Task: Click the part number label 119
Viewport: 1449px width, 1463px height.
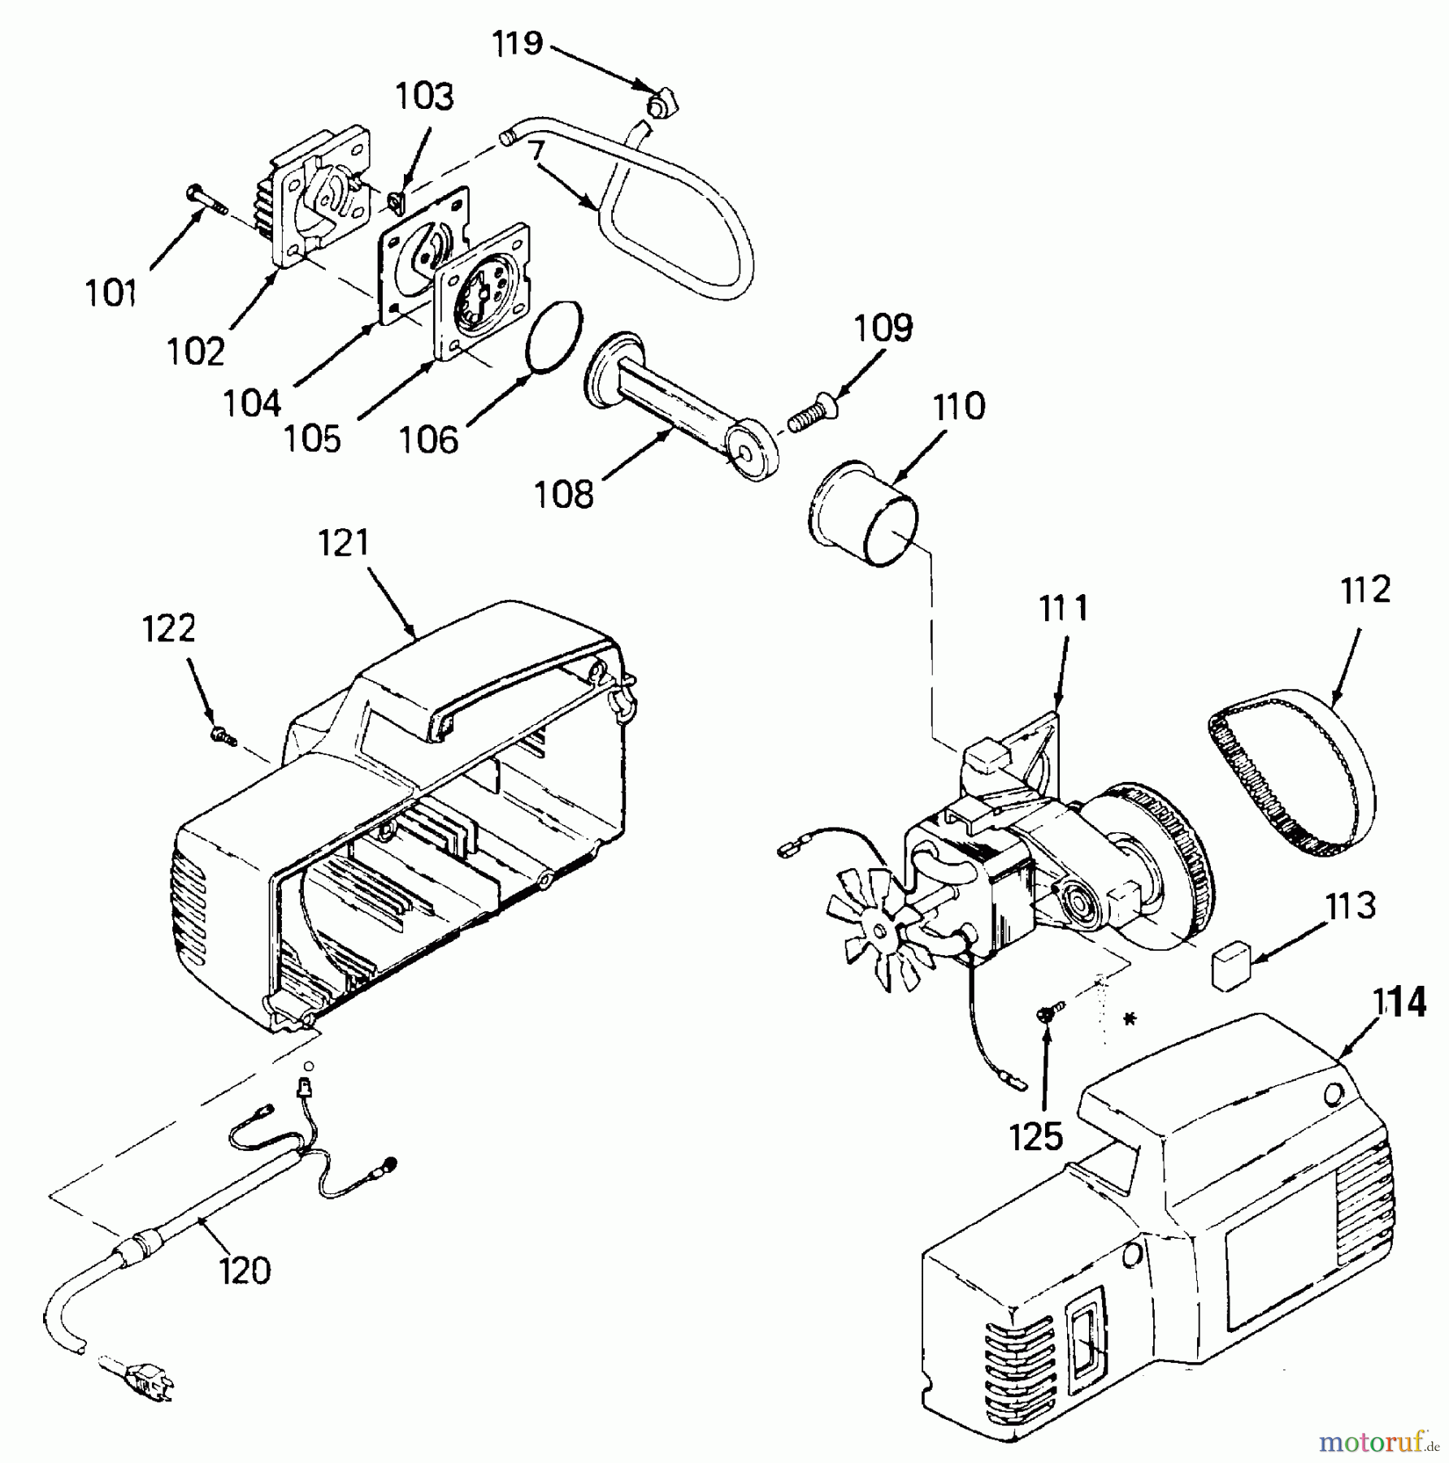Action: (518, 42)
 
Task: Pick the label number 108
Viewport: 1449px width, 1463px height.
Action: (563, 493)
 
